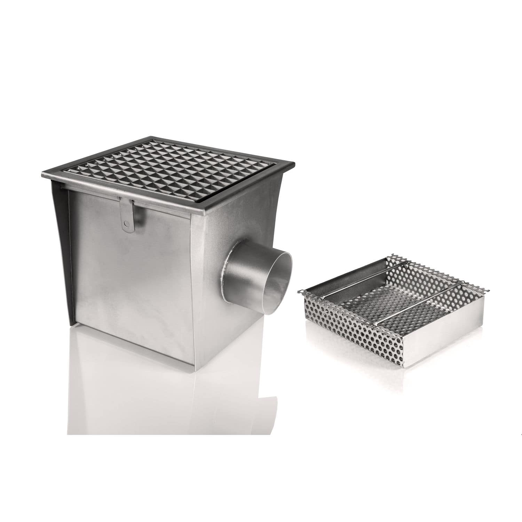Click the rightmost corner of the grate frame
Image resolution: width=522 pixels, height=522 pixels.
295,164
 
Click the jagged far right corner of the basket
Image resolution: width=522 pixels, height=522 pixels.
487,291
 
